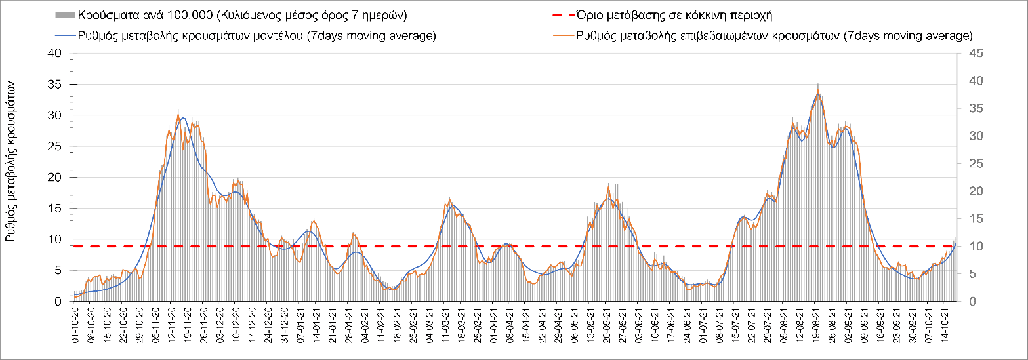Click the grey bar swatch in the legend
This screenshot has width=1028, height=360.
click(65, 14)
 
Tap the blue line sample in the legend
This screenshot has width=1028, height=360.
click(65, 35)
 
